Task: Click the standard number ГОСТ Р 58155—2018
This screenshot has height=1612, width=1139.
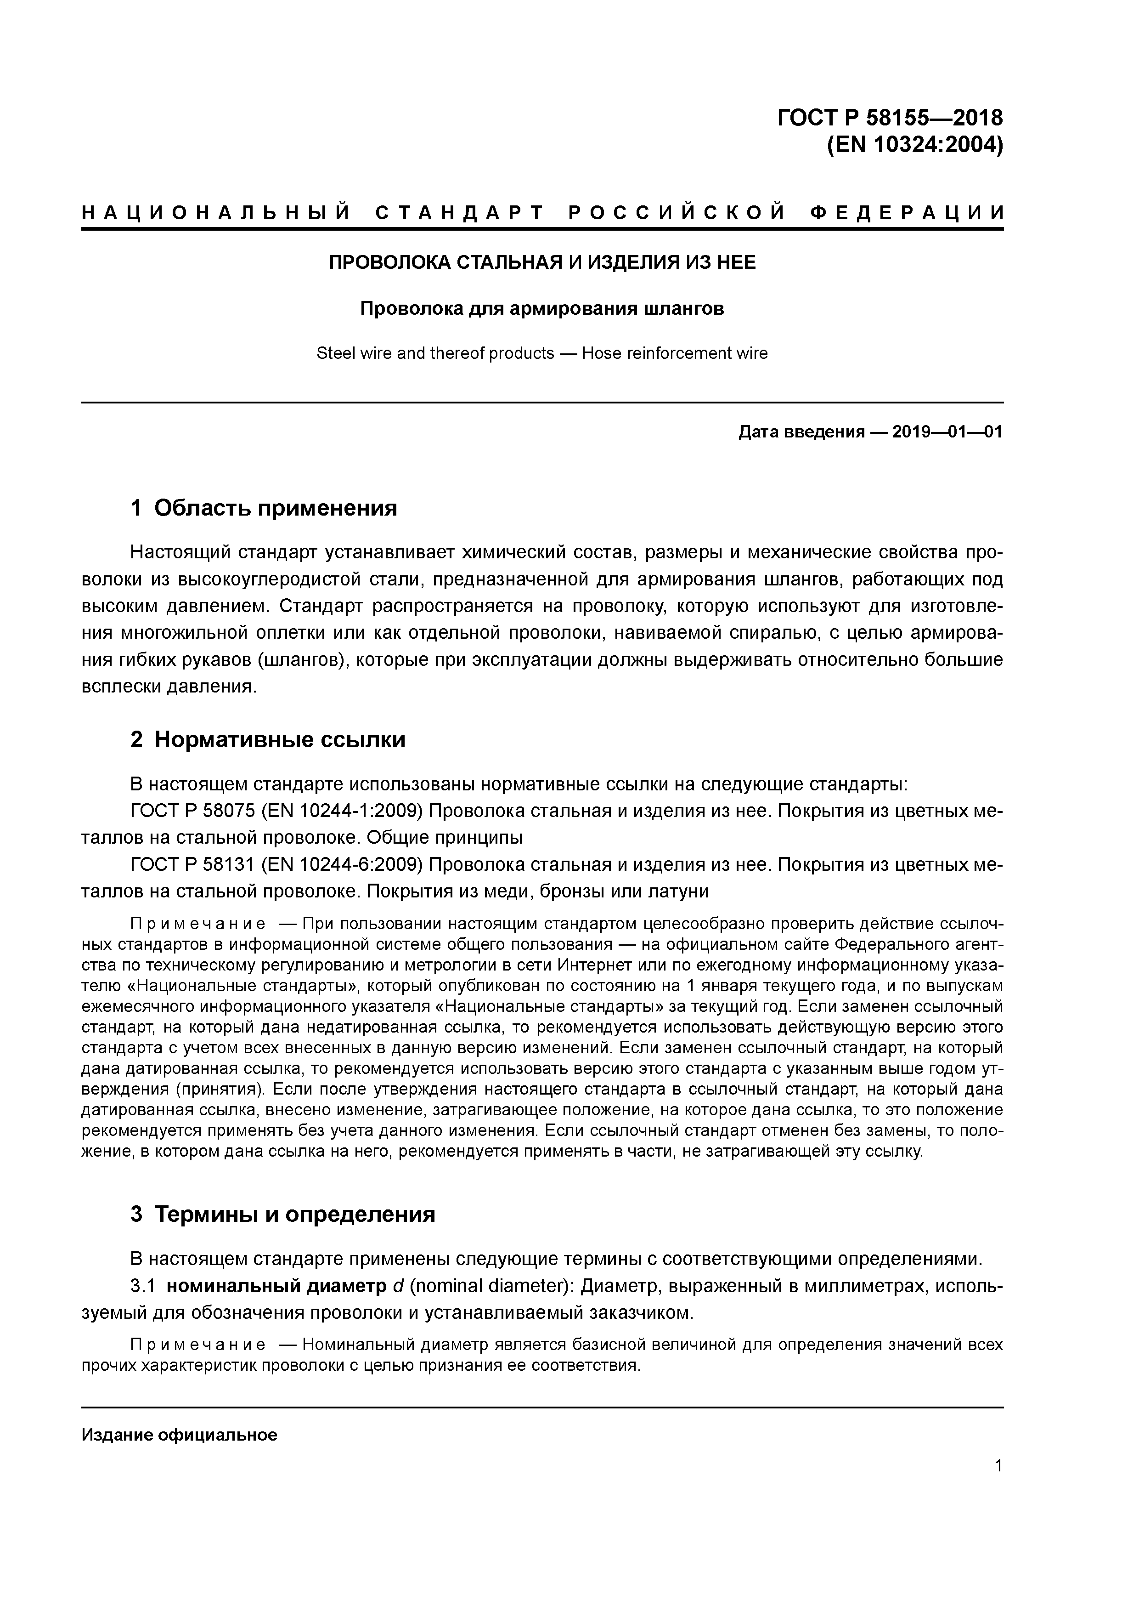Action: tap(890, 117)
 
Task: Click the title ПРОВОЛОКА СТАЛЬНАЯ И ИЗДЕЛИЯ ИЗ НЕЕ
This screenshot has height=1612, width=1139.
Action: tap(542, 262)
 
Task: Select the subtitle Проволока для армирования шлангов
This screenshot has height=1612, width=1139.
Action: tap(542, 308)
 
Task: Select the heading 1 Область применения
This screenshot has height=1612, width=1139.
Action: tap(264, 508)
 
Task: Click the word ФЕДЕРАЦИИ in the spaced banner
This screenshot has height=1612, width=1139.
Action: tap(907, 213)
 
